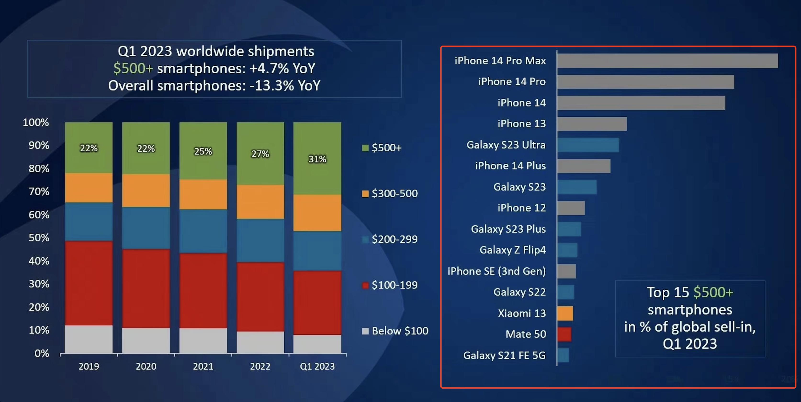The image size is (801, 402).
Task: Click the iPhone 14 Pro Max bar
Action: pos(667,61)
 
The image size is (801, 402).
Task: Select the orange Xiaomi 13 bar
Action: pos(565,313)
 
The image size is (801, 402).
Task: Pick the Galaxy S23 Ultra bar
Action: pos(588,145)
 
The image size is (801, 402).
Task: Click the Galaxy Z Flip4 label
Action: pos(513,250)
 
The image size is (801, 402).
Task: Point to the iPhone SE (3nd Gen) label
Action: pos(496,271)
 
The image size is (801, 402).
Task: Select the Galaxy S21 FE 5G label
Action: pos(504,355)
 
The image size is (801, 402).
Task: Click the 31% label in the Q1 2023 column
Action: pos(317,159)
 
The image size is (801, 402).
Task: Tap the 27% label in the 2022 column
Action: pos(260,154)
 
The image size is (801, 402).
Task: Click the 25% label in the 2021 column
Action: pos(203,151)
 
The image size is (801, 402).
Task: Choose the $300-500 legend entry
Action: pos(390,194)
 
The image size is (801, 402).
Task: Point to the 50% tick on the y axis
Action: pos(39,238)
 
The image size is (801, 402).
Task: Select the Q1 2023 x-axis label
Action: pos(317,367)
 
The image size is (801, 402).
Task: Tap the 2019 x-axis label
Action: pos(89,367)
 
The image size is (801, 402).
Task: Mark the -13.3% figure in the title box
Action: pos(272,86)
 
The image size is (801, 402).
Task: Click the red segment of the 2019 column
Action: pos(89,283)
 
